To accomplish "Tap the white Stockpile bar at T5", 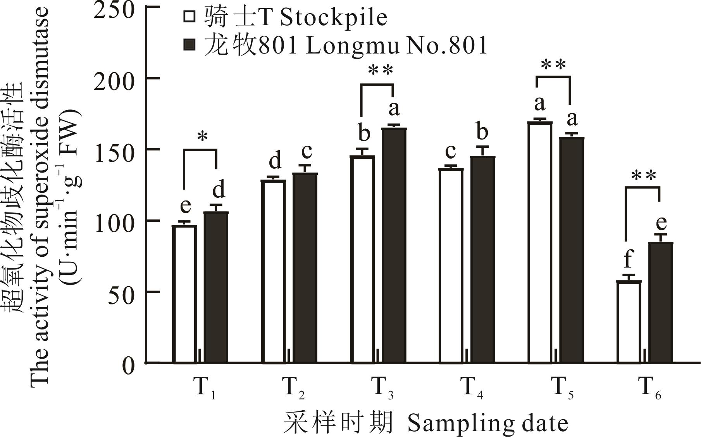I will pos(540,242).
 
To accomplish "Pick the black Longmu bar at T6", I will pos(660,302).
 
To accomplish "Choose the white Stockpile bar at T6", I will pos(629,322).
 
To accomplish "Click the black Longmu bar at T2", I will pos(305,268).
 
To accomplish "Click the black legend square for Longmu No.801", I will pos(189,45).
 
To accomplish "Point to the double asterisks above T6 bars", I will pos(644,176).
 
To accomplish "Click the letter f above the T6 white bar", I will pos(628,259).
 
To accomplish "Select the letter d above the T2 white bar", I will pos(275,161).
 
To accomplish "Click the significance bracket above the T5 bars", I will pos(553,77).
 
